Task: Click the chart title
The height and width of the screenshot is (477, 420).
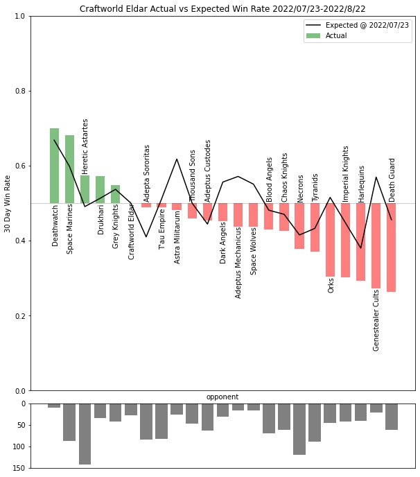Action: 222,9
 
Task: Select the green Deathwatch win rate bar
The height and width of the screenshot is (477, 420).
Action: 54,165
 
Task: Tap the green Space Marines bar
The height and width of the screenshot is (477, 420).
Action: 69,168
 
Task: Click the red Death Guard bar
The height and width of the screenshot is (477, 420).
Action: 391,248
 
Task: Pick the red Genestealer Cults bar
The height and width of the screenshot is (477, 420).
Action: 376,245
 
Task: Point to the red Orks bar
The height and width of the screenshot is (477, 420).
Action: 330,240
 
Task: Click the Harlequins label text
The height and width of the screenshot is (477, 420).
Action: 361,183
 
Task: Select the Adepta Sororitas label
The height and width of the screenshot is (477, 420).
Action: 147,173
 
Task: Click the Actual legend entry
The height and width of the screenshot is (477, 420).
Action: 337,35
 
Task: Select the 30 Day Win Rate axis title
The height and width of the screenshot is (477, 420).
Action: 8,203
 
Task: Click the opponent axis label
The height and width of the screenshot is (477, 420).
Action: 222,397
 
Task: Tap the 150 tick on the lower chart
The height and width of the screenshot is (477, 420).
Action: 18,468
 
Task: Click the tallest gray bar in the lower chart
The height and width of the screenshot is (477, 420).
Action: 85,434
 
